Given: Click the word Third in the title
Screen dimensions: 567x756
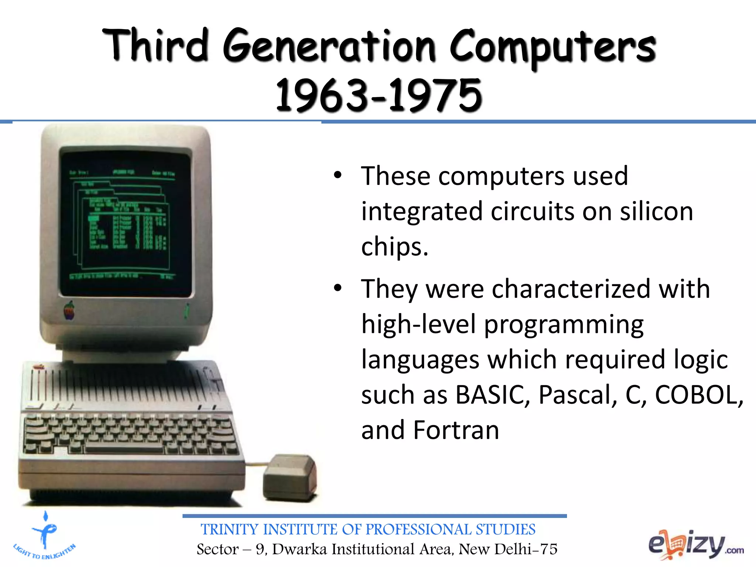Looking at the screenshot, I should tap(155, 46).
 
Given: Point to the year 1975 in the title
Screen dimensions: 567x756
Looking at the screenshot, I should tap(436, 95).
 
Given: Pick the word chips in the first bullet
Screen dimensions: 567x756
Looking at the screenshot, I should tap(394, 247).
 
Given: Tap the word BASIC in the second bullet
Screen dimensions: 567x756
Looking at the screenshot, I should tap(493, 395).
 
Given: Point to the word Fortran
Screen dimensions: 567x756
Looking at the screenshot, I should tap(456, 430).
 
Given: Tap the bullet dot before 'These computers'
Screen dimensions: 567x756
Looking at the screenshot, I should tap(337, 176).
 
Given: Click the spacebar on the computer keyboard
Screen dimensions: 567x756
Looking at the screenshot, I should tap(124, 449).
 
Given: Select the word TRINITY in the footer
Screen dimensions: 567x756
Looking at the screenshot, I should tap(230, 529).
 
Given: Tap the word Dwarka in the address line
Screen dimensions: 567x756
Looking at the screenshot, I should tap(299, 549).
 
